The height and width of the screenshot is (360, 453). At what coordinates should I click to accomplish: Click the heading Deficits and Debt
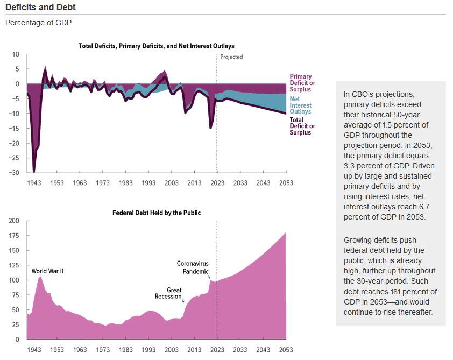point(40,7)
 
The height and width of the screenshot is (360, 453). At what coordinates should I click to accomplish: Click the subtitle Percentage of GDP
point(38,23)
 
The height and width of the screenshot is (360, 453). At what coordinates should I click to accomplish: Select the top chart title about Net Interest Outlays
point(156,46)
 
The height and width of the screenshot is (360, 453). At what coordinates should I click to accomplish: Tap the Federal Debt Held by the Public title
point(156,213)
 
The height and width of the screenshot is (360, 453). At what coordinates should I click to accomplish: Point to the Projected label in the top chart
point(232,57)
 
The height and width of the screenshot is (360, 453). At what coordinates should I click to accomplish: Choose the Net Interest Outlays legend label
point(300,105)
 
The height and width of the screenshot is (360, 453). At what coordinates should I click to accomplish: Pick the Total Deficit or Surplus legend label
point(302,126)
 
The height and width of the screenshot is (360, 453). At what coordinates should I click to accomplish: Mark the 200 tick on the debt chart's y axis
point(13,221)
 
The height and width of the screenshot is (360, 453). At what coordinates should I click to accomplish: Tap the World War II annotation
point(47,271)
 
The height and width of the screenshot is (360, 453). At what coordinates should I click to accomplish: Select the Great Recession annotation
point(168,293)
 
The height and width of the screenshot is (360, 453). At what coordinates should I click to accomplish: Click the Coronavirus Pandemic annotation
point(193,267)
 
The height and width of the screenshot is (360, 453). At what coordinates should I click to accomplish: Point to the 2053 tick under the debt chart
point(286,350)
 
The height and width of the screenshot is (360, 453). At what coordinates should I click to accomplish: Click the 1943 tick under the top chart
point(34,183)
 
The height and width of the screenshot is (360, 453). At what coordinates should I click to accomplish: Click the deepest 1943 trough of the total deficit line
point(34,172)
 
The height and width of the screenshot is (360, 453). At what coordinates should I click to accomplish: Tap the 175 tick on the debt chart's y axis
point(13,236)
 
